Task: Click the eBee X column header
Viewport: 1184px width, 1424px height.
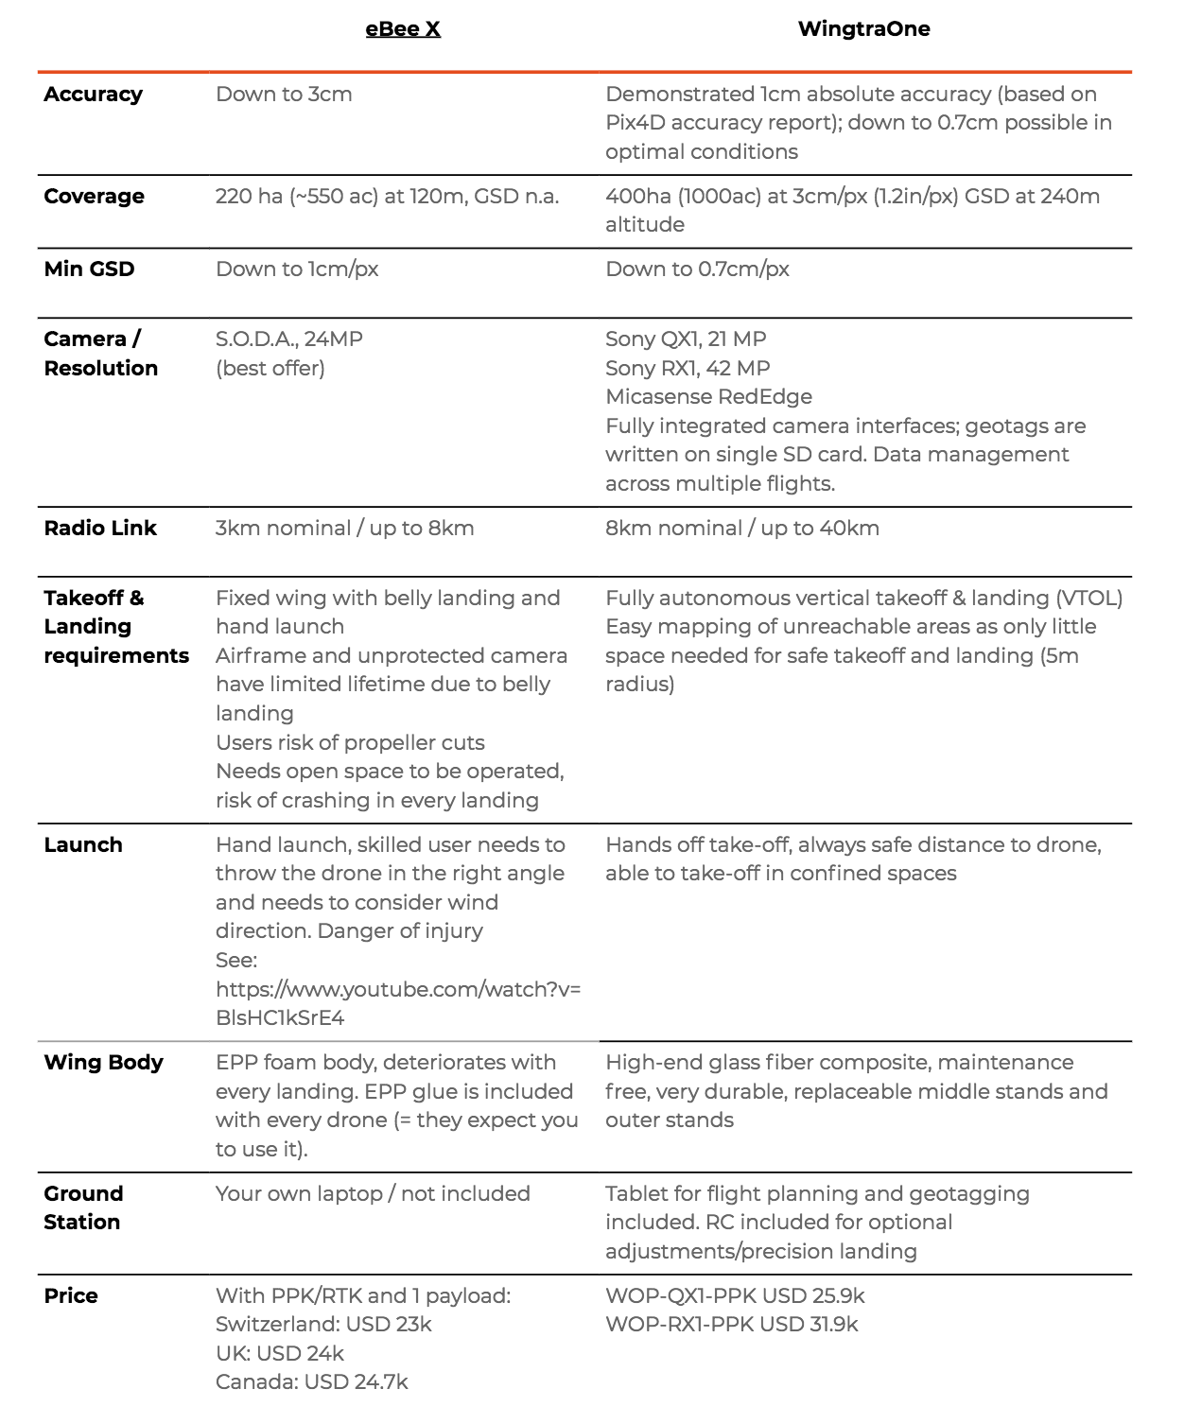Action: pyautogui.click(x=403, y=28)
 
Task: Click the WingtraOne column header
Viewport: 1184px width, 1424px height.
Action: pyautogui.click(x=863, y=28)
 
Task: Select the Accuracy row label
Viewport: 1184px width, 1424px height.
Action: pyautogui.click(x=93, y=95)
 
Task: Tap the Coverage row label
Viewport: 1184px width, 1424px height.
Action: pyautogui.click(x=94, y=197)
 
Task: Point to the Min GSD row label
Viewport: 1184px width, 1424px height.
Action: pyautogui.click(x=89, y=269)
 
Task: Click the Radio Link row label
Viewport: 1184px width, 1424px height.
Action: pyautogui.click(x=100, y=529)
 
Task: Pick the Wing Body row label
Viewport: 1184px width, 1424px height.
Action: pyautogui.click(x=103, y=1063)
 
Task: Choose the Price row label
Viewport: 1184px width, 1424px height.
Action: pyautogui.click(x=71, y=1296)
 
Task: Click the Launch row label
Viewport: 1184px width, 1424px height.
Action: pyautogui.click(x=83, y=845)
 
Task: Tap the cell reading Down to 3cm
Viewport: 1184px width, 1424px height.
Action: pyautogui.click(x=284, y=95)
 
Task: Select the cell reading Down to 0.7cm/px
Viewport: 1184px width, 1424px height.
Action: pyautogui.click(x=697, y=269)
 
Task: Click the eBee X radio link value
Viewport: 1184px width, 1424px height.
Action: pyautogui.click(x=344, y=529)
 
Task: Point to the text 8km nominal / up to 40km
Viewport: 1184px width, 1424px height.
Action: pyautogui.click(x=742, y=529)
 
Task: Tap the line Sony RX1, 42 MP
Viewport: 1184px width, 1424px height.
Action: pyautogui.click(x=688, y=369)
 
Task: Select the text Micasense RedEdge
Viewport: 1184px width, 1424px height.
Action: pyautogui.click(x=708, y=397)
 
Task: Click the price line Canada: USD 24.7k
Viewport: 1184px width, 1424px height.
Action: pyautogui.click(x=311, y=1382)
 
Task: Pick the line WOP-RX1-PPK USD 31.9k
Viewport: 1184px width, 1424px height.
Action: pyautogui.click(x=731, y=1325)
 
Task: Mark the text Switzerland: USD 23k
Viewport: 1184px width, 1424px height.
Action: pyautogui.click(x=323, y=1325)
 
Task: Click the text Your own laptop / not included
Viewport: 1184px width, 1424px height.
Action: pyautogui.click(x=373, y=1194)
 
